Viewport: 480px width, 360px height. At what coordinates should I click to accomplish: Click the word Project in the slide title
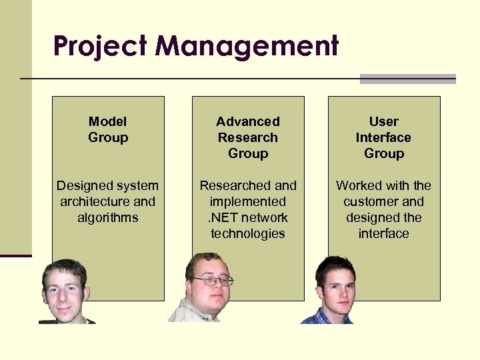(x=101, y=47)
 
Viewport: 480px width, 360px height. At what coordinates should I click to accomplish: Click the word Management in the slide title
(x=247, y=47)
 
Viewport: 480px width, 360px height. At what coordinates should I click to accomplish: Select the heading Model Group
(x=107, y=129)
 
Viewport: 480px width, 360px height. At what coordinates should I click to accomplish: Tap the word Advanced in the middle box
(x=248, y=121)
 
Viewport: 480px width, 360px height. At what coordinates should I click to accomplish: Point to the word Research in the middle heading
(x=248, y=137)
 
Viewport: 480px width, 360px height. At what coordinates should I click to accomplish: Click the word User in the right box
(x=383, y=121)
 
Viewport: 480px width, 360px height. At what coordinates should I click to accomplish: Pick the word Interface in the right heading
(x=383, y=137)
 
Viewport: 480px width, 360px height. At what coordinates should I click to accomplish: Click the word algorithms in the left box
(x=107, y=218)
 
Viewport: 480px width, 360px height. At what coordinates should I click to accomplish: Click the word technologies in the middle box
(x=248, y=234)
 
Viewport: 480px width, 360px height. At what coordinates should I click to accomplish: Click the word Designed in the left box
(x=81, y=186)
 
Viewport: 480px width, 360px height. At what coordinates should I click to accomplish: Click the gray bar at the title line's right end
(x=407, y=79)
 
